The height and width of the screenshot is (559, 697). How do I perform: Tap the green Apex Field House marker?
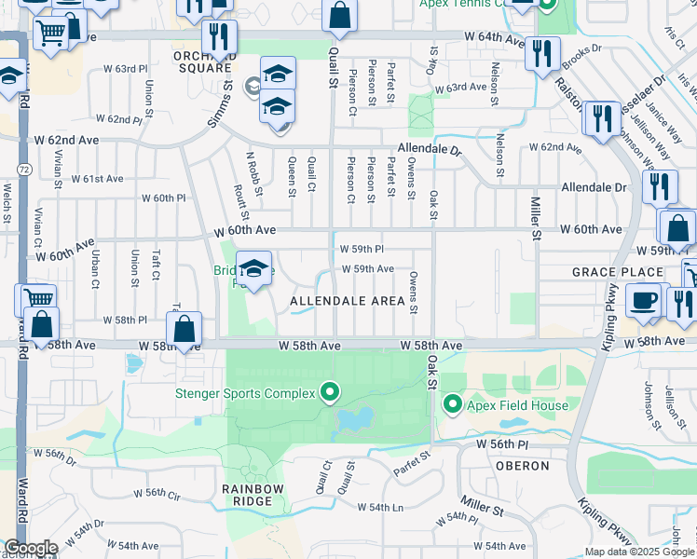pyautogui.click(x=453, y=403)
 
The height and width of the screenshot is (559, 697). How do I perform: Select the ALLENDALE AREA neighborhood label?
pyautogui.click(x=347, y=301)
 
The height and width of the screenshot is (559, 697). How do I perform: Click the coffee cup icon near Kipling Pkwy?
pyautogui.click(x=643, y=301)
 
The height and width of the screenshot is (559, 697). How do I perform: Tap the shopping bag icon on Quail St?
pyautogui.click(x=339, y=15)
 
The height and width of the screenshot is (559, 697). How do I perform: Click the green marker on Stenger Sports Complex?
pyautogui.click(x=328, y=392)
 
